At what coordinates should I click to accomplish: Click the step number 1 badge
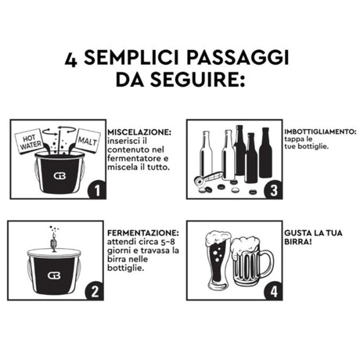pyautogui.click(x=94, y=190)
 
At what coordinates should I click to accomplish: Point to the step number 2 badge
pyautogui.click(x=94, y=292)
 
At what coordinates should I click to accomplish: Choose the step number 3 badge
pyautogui.click(x=271, y=190)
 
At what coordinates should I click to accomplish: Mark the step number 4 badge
pyautogui.click(x=271, y=292)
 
